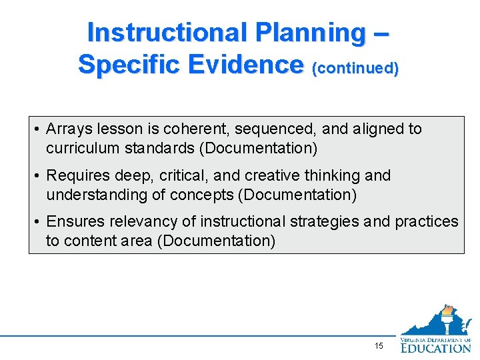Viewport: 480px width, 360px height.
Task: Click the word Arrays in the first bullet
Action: point(69,129)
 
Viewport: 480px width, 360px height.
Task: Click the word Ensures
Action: point(73,221)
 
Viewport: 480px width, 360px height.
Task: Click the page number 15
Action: point(379,346)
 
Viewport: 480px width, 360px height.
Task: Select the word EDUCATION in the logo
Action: point(435,347)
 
